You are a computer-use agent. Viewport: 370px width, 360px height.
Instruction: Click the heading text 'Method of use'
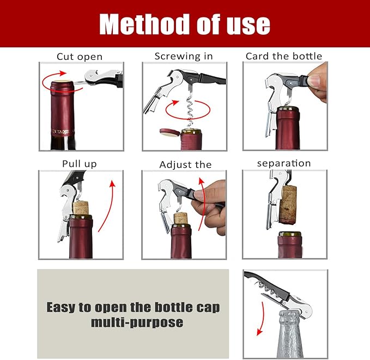tap(185, 24)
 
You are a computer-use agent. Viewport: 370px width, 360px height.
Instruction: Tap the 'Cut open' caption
tap(80, 56)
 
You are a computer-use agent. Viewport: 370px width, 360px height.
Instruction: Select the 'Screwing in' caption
tap(184, 56)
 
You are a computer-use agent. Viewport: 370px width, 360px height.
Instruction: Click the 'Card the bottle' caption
tap(283, 56)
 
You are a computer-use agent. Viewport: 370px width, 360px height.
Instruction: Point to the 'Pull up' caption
tap(80, 163)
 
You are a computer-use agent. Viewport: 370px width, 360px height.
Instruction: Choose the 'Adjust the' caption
tap(185, 164)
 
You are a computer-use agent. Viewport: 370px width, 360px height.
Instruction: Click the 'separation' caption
tap(283, 163)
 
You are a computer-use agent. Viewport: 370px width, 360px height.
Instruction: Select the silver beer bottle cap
tap(290, 317)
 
